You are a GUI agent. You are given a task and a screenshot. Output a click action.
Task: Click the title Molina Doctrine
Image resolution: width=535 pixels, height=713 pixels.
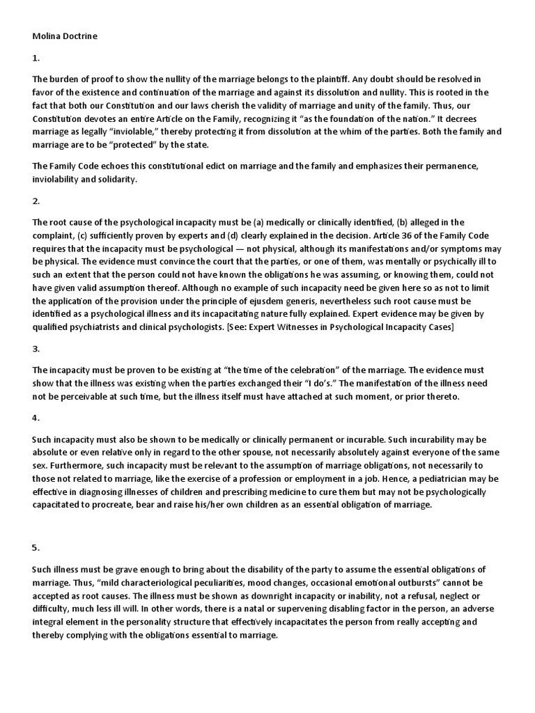pyautogui.click(x=65, y=36)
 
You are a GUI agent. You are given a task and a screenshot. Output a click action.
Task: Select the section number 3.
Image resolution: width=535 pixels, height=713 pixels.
pyautogui.click(x=36, y=348)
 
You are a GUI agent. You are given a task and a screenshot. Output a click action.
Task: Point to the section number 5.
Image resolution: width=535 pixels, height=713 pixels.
pyautogui.click(x=36, y=547)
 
